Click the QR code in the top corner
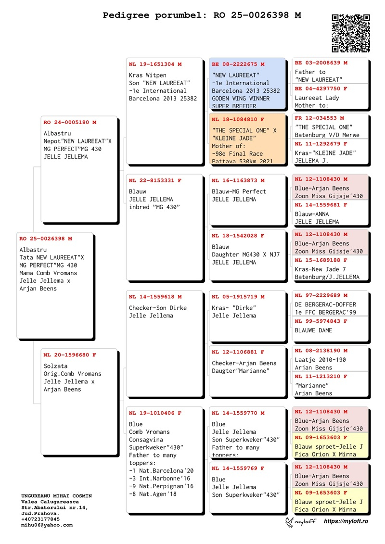[x=351, y=33]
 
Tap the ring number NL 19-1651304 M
[x=155, y=64]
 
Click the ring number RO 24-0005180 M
[x=70, y=123]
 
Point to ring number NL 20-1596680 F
[x=70, y=355]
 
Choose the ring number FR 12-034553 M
[x=319, y=118]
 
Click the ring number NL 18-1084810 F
[x=238, y=119]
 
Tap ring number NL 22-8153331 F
[x=155, y=180]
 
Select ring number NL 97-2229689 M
[x=321, y=295]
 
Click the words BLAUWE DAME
[x=313, y=330]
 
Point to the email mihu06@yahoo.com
[x=47, y=525]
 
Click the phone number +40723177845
[x=40, y=519]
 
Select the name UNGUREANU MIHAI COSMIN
[x=56, y=496]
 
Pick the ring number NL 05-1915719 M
[x=238, y=297]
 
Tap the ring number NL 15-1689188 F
[x=321, y=260]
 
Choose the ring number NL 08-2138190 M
[x=321, y=351]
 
